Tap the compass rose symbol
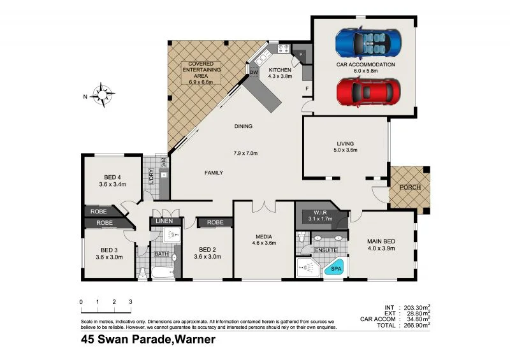click(101, 95)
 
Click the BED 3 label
click(108, 250)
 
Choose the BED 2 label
click(207, 250)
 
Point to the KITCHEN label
click(280, 69)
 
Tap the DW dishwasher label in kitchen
click(254, 72)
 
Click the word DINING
click(244, 126)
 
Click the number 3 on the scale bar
click(130, 301)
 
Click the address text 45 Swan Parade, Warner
click(148, 340)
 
